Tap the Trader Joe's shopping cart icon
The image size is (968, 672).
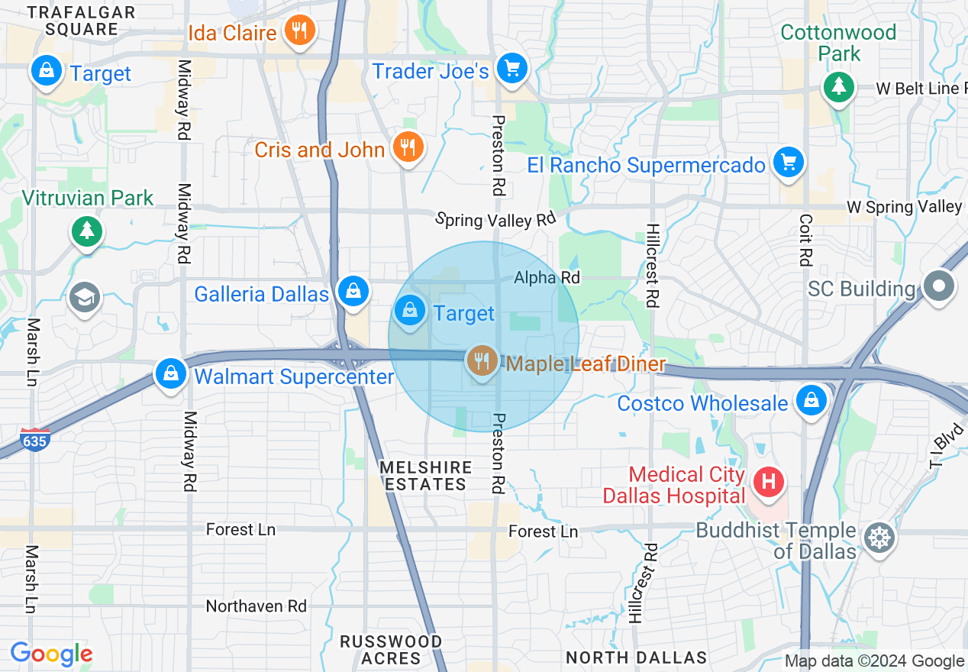511,69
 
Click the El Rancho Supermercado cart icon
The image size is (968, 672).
789,162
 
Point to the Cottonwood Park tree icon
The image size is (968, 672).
839,86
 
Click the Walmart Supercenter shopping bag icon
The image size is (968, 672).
171,373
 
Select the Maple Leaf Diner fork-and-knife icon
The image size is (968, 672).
482,360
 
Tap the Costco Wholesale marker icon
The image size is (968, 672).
811,400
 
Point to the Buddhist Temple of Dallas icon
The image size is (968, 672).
879,538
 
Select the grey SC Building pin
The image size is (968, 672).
940,287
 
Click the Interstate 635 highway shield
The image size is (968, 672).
36,439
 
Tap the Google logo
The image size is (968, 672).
51,654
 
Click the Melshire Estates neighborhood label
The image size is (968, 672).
425,476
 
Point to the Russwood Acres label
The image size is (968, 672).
391,649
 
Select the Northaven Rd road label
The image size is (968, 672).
257,606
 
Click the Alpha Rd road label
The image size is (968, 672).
547,277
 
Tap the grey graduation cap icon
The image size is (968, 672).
85,297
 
